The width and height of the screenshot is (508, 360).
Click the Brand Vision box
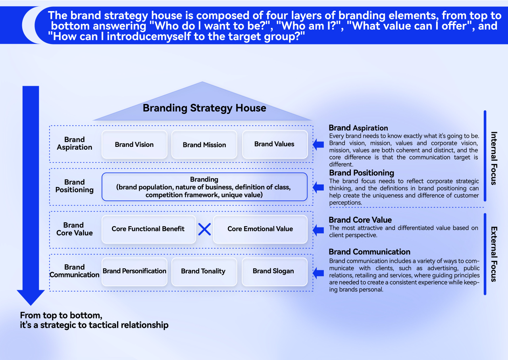click(x=134, y=144)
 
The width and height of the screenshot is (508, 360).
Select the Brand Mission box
click(x=204, y=144)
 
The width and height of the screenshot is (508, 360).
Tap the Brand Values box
click(x=275, y=144)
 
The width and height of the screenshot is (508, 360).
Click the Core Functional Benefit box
click(x=148, y=229)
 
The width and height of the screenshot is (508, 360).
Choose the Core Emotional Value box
click(x=260, y=229)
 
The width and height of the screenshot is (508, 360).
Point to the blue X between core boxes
click(x=204, y=229)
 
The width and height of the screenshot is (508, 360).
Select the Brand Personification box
click(x=134, y=271)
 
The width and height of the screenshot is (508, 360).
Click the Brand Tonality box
click(x=204, y=271)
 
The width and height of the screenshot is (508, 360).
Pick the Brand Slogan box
click(x=273, y=271)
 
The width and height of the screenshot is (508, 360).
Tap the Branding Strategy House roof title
click(x=204, y=108)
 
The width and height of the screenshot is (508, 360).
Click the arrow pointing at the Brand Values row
click(x=318, y=144)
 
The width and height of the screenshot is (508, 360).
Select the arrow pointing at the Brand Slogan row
click(x=318, y=272)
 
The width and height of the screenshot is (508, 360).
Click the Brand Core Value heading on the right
click(x=360, y=220)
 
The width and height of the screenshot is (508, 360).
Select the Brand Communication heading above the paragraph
click(x=369, y=252)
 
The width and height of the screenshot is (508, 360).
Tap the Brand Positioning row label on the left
click(x=74, y=186)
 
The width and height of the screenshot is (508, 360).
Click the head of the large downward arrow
click(x=31, y=297)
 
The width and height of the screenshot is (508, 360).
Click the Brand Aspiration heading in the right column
click(x=358, y=128)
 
